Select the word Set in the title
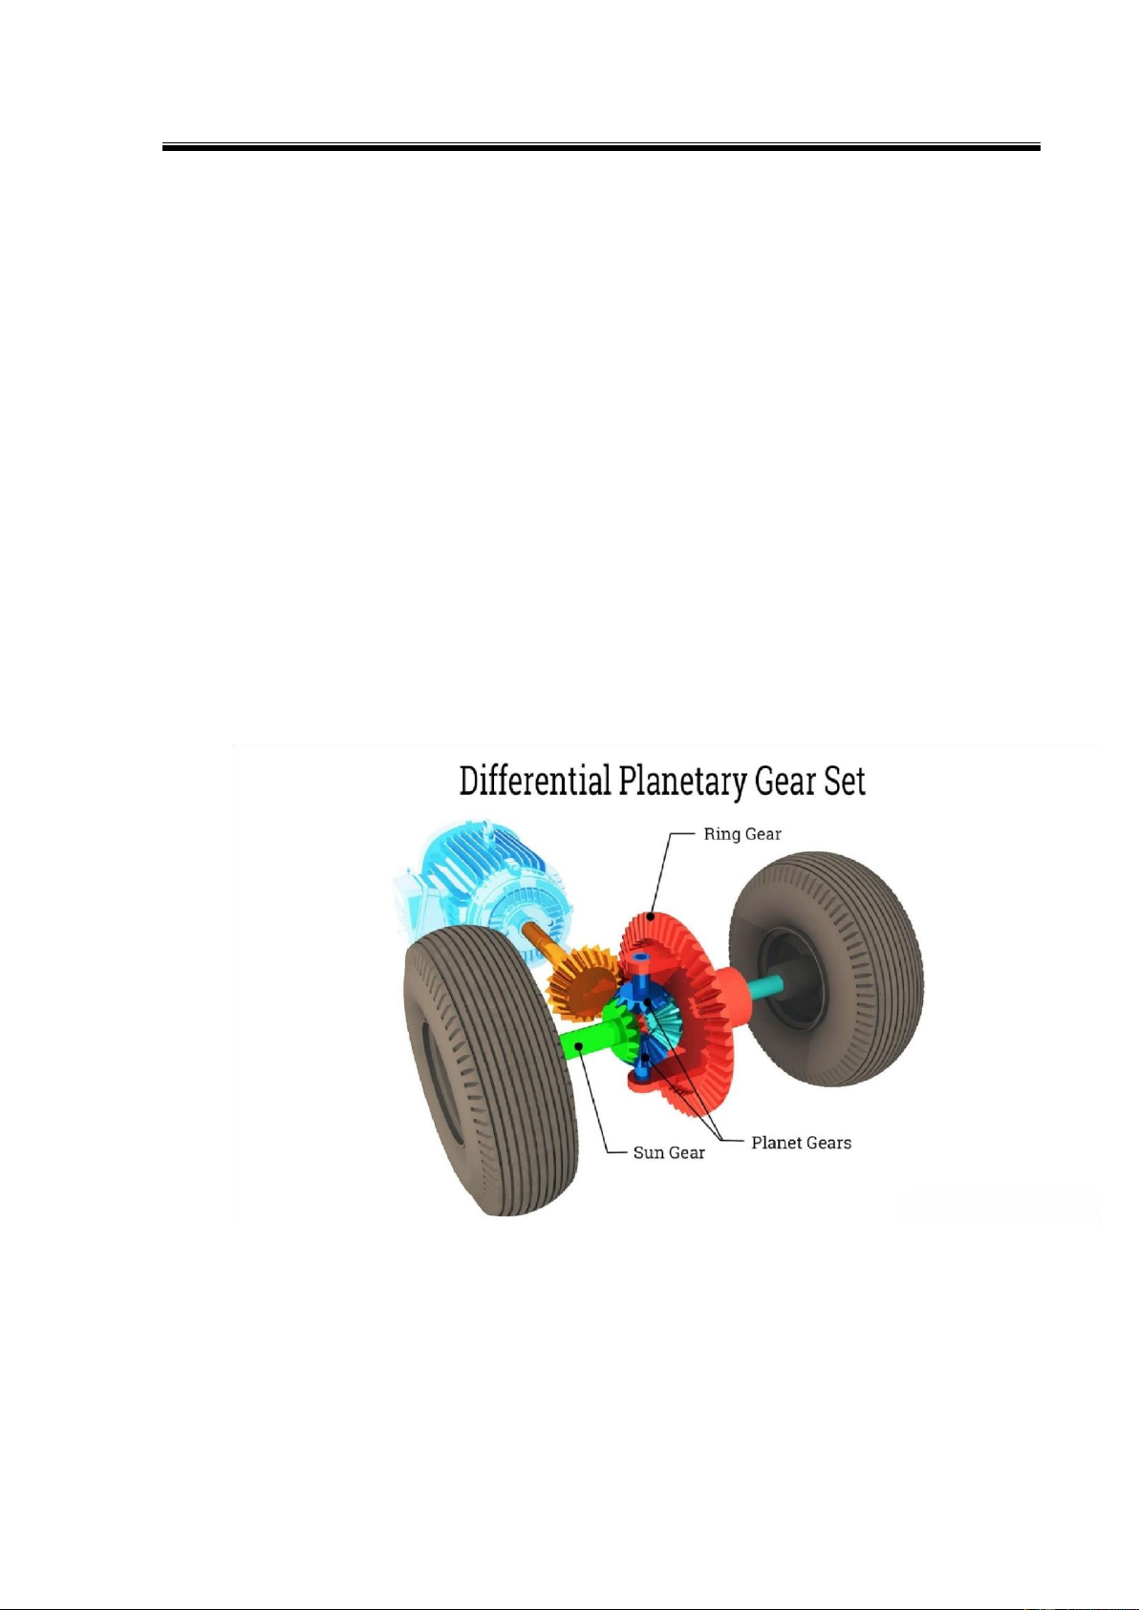[845, 782]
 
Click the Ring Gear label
[741, 834]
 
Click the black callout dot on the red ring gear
[651, 916]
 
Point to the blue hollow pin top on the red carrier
[640, 958]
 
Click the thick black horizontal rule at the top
[601, 147]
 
